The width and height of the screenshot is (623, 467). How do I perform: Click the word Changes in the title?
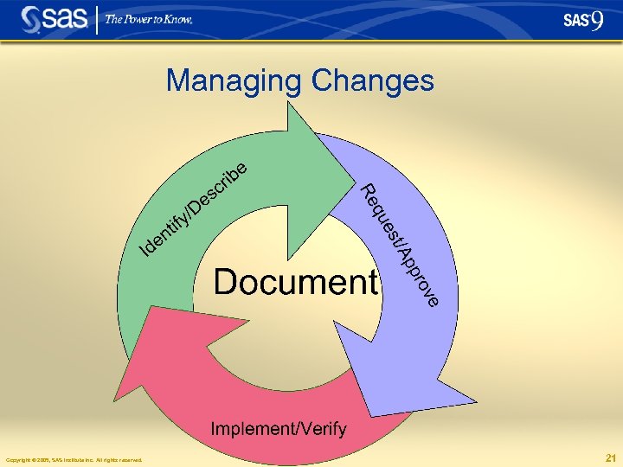click(372, 81)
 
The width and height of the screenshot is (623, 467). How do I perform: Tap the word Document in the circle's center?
click(297, 282)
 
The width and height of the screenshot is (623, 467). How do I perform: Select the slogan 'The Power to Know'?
click(148, 20)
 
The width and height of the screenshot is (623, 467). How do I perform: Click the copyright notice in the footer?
click(74, 459)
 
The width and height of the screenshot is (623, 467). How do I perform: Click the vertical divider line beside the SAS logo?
click(98, 19)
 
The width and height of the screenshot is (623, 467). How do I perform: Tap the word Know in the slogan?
click(178, 20)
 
